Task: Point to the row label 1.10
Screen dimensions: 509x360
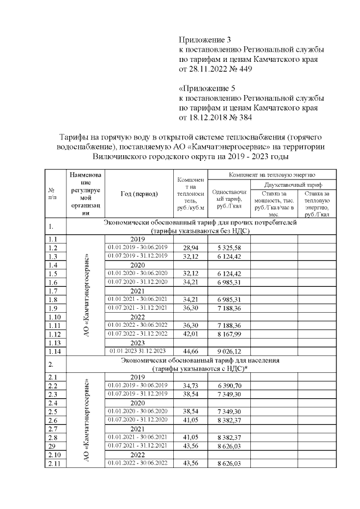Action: (x=55, y=317)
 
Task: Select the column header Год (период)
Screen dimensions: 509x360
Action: (x=138, y=194)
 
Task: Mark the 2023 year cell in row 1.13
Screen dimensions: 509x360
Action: (x=138, y=343)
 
